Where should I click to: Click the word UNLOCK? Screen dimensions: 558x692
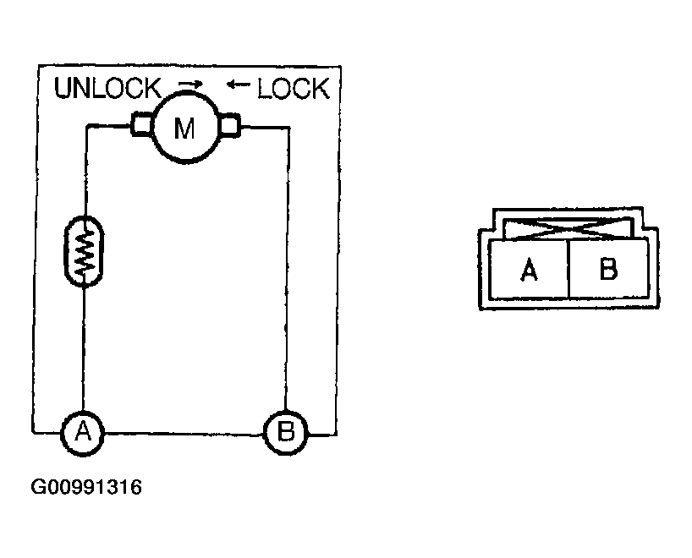click(107, 88)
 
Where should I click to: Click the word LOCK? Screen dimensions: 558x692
click(293, 88)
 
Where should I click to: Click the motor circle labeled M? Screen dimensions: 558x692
click(184, 128)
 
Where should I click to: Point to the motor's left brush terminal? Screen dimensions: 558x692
click(140, 127)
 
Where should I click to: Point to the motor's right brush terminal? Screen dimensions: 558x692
click(229, 127)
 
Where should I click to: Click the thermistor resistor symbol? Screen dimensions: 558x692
click(83, 252)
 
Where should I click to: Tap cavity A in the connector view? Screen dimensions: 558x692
click(530, 270)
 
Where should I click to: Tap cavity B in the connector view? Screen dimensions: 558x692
click(608, 270)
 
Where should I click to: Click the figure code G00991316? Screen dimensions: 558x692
click(86, 489)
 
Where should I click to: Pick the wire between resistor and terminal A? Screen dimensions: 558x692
click(83, 347)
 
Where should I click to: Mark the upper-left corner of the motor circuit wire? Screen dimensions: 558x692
click(84, 128)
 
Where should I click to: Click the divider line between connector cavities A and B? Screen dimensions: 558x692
click(569, 269)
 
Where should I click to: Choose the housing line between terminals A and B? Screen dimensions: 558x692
click(184, 434)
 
